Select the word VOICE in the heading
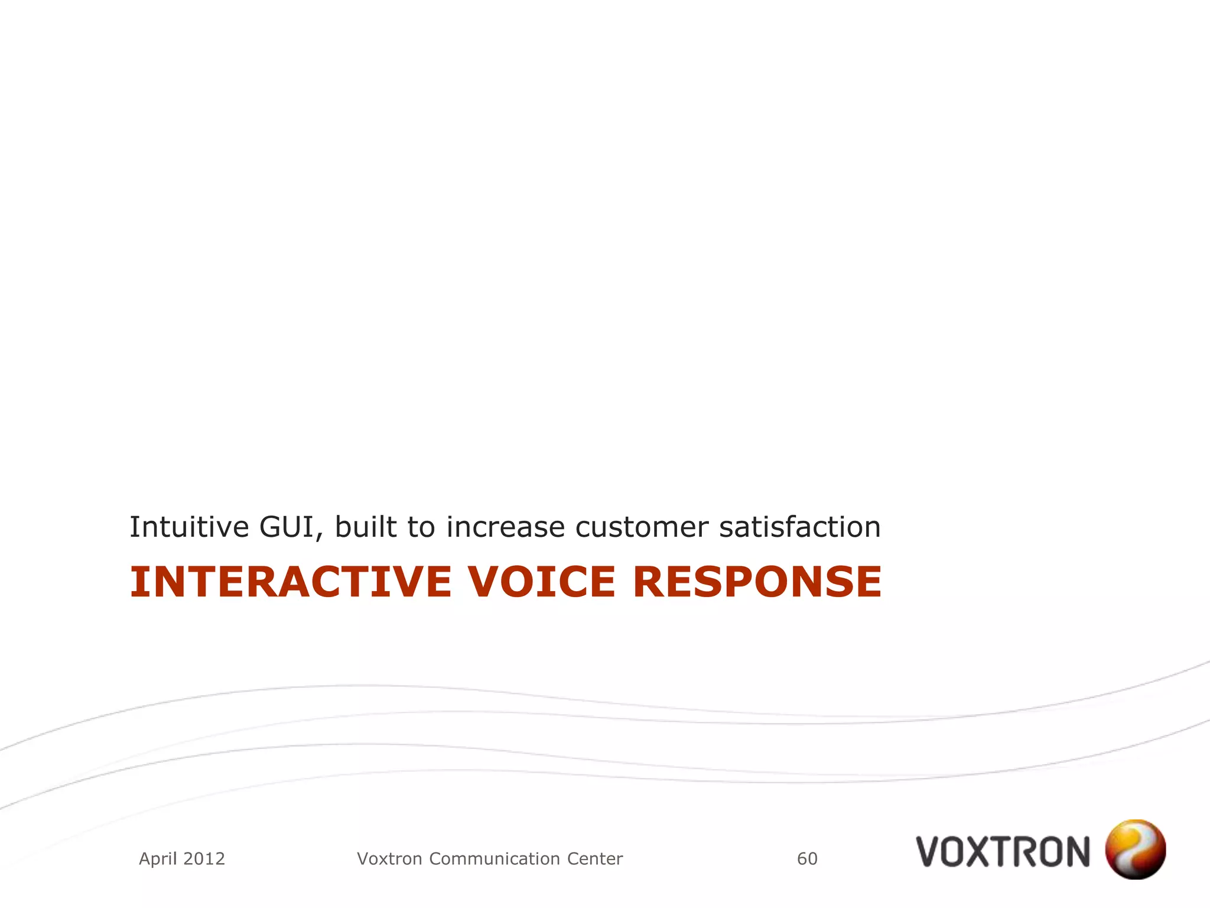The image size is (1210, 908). pos(542,582)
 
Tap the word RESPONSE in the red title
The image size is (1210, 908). pos(757,582)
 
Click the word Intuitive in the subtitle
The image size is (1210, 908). pos(189,527)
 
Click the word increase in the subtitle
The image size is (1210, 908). pos(505,527)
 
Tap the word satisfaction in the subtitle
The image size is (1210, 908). pos(800,527)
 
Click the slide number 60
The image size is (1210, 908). pos(807,858)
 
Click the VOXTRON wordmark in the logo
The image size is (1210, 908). pos(1003,852)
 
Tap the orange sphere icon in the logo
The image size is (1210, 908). pos(1135,849)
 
